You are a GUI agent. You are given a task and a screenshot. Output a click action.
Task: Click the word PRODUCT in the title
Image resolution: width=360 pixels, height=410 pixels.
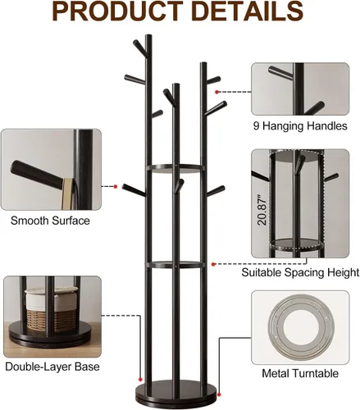[x=117, y=11]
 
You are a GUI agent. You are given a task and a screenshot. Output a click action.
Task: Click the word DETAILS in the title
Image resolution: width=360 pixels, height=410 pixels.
[x=248, y=11]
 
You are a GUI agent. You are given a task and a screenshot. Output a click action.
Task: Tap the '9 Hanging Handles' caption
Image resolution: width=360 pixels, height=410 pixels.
[x=300, y=126]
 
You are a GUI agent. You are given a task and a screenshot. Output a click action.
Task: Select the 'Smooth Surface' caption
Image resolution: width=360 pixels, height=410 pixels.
[x=50, y=221]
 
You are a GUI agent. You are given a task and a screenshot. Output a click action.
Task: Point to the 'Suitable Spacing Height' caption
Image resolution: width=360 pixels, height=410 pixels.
[x=300, y=272]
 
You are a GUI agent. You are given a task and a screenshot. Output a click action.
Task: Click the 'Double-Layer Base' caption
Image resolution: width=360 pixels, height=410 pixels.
[x=52, y=367]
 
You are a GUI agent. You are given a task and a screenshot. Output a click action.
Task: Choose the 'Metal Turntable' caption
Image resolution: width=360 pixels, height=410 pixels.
[x=300, y=373]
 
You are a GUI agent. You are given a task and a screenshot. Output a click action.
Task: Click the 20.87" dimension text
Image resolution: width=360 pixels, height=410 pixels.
[x=262, y=210]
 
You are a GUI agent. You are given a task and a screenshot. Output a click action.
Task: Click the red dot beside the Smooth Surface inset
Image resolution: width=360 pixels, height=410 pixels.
[x=116, y=187]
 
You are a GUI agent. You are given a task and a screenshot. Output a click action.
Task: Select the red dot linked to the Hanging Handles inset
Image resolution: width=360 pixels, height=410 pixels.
[x=216, y=92]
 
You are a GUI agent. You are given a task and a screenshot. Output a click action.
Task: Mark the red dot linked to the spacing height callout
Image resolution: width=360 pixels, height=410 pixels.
[x=213, y=264]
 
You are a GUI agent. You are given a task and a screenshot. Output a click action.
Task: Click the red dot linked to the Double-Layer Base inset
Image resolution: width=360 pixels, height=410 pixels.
[x=140, y=380]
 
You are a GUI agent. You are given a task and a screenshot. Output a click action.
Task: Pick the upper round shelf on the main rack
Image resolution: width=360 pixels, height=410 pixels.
[x=175, y=168]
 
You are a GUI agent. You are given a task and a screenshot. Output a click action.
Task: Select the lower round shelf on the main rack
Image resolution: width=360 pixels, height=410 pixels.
[x=175, y=265]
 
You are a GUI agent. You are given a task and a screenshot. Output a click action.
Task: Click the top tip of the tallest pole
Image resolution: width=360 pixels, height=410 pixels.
[x=148, y=35]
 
